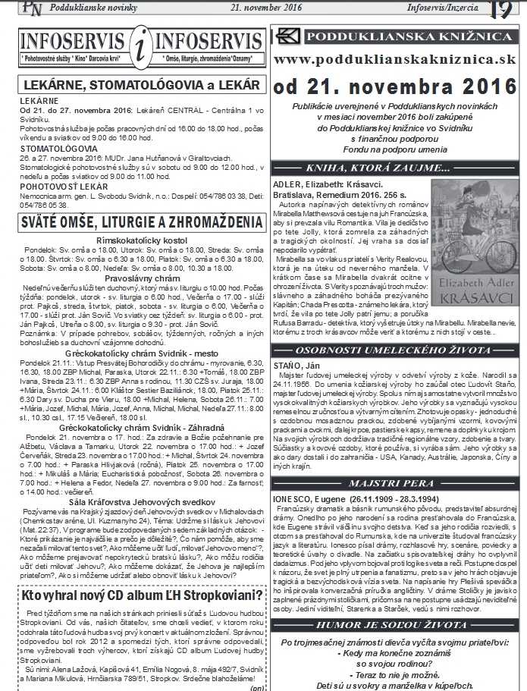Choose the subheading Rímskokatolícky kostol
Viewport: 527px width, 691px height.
click(138, 240)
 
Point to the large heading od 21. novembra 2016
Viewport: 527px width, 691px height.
click(395, 84)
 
